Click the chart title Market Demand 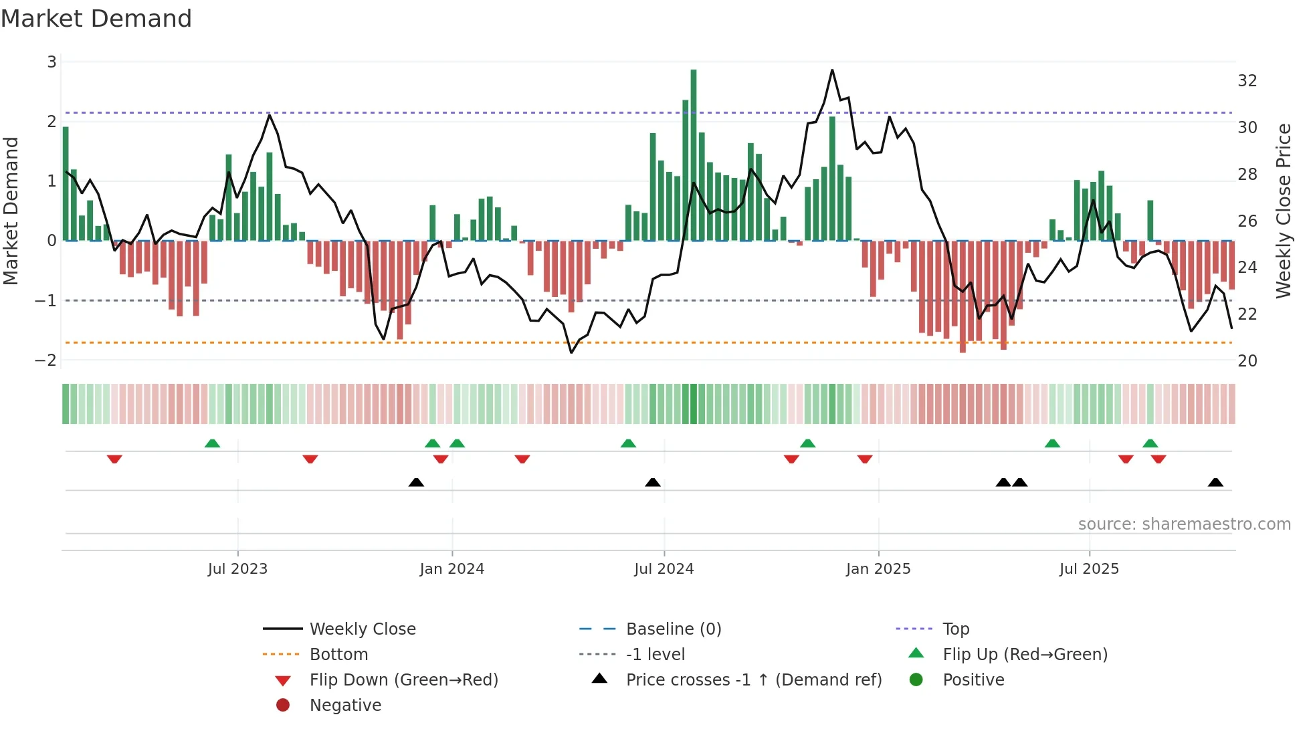tap(96, 19)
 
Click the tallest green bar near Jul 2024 tap(694, 154)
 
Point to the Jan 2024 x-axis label tap(451, 569)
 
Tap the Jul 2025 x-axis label tap(1089, 569)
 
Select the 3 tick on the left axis tap(52, 62)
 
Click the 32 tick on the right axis tap(1247, 81)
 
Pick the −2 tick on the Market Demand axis tap(45, 360)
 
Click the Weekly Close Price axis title tap(1283, 211)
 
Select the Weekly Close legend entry tap(363, 629)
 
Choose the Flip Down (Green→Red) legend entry tap(403, 680)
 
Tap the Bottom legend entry tap(338, 655)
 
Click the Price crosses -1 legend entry tap(754, 680)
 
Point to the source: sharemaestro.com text tap(1184, 524)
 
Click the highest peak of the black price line tap(832, 70)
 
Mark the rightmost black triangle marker tap(1215, 483)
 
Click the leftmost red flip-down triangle tap(114, 459)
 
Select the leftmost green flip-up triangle tap(212, 443)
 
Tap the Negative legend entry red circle tap(283, 706)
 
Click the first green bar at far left tap(66, 184)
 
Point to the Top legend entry tap(956, 629)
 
